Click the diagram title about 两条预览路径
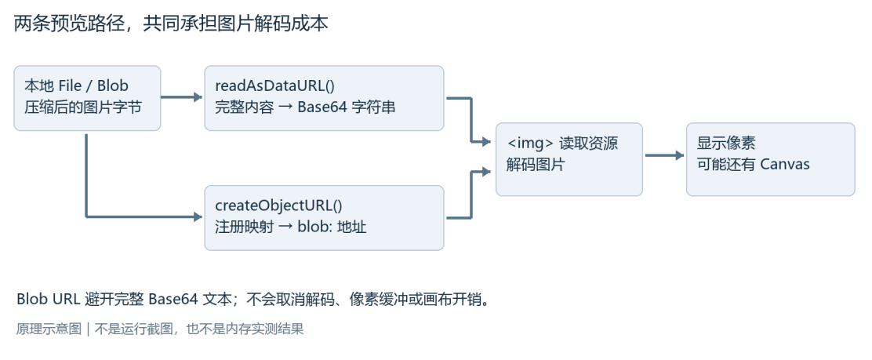(171, 24)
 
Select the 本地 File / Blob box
(87, 98)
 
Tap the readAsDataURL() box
(324, 98)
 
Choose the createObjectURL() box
(324, 217)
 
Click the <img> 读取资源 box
(569, 159)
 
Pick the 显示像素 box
(770, 159)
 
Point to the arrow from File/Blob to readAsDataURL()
(182, 97)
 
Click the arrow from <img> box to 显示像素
(664, 155)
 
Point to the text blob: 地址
(332, 227)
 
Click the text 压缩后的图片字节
(83, 107)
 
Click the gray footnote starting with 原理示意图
(160, 329)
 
